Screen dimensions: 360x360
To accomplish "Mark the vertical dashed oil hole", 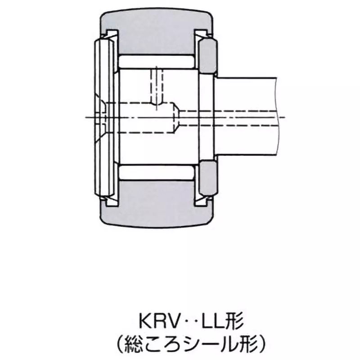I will click(x=157, y=85).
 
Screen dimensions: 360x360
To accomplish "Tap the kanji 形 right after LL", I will click(x=236, y=322).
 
